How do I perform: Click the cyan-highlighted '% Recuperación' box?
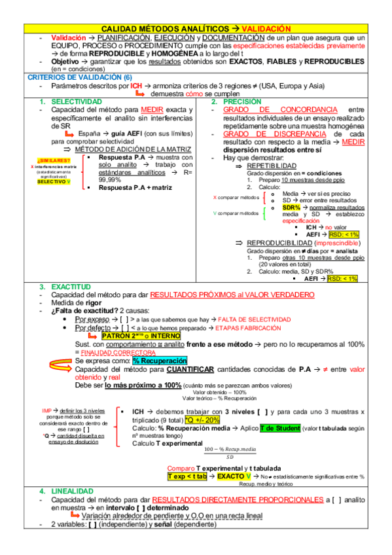[x=160, y=361]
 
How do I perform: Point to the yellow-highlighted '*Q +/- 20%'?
[x=202, y=420]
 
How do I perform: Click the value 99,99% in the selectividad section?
[x=111, y=179]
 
